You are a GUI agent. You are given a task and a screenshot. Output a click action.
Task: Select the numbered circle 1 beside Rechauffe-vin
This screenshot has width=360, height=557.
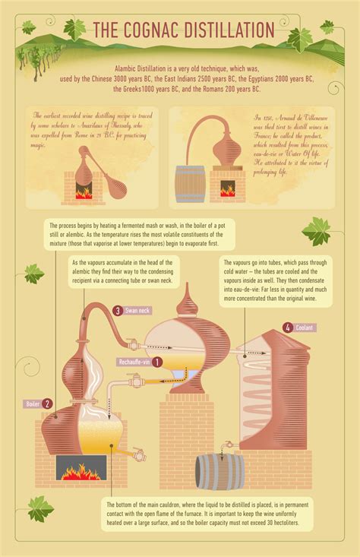click(x=157, y=362)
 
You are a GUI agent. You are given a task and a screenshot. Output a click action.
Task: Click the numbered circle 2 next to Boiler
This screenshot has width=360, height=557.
click(x=48, y=404)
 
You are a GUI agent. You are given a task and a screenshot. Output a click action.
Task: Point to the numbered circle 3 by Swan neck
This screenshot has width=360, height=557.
click(x=118, y=310)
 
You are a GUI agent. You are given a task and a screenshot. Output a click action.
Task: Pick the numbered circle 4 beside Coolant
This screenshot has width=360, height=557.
click(x=288, y=328)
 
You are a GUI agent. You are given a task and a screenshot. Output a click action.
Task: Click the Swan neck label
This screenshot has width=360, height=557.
click(x=138, y=310)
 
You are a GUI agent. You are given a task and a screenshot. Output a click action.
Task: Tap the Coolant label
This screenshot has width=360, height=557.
click(x=305, y=328)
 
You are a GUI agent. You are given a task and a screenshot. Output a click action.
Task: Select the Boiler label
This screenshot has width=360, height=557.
click(x=32, y=404)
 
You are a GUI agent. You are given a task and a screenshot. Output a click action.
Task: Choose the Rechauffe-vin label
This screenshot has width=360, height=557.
click(x=134, y=362)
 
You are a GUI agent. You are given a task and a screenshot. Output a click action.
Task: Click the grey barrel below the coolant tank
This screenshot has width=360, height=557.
click(x=220, y=471)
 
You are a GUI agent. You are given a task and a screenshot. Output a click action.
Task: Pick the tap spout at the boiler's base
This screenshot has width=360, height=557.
click(x=141, y=457)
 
